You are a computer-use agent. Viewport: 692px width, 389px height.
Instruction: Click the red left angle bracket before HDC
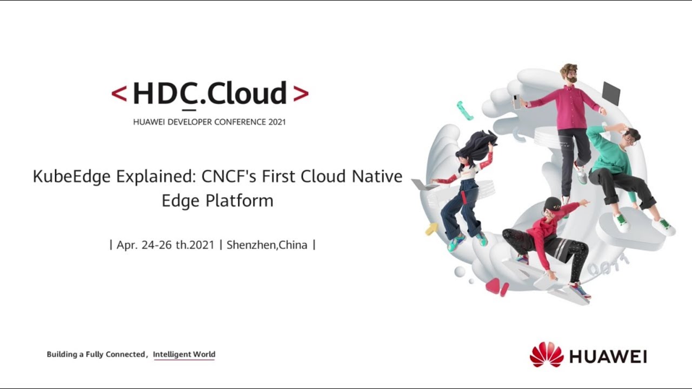pyautogui.click(x=119, y=94)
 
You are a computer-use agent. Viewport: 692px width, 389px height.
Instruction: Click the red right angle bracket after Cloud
pyautogui.click(x=301, y=94)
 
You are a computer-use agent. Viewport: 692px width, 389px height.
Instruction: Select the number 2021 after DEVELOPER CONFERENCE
pyautogui.click(x=277, y=122)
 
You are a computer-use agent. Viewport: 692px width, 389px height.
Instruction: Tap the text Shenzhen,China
pyautogui.click(x=267, y=245)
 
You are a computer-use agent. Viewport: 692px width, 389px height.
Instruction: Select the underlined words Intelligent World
pyautogui.click(x=184, y=354)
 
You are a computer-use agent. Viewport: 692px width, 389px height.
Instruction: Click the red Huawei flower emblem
pyautogui.click(x=547, y=355)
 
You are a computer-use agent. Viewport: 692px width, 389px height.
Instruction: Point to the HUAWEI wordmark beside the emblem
pyautogui.click(x=608, y=357)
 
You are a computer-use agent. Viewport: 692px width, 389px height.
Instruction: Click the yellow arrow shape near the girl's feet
pyautogui.click(x=431, y=229)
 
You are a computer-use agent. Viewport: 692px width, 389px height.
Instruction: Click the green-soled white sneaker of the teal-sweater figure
pyautogui.click(x=622, y=222)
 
